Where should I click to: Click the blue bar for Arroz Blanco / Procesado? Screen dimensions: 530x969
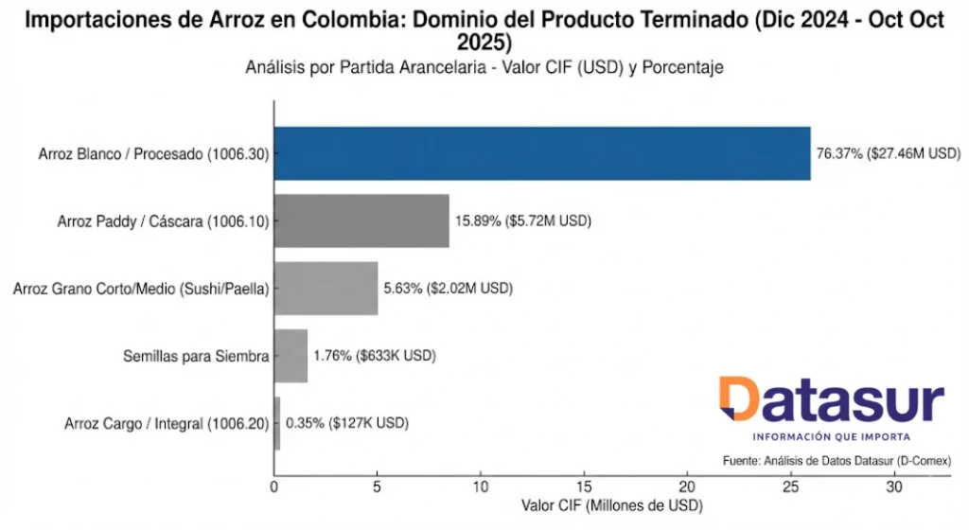pyautogui.click(x=542, y=153)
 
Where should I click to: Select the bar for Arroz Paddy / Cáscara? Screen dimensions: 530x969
pyautogui.click(x=361, y=221)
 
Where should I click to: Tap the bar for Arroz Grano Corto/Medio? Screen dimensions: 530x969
pyautogui.click(x=326, y=288)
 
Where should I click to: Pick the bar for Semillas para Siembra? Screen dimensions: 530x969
pyautogui.click(x=291, y=356)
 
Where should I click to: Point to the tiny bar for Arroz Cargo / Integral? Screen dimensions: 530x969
pyautogui.click(x=277, y=423)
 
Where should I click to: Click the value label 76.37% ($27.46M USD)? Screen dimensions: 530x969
pyautogui.click(x=888, y=153)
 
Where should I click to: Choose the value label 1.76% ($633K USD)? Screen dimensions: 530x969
pyautogui.click(x=374, y=356)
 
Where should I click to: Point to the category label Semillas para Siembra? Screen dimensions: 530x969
pyautogui.click(x=196, y=356)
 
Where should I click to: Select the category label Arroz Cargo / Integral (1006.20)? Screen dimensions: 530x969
pyautogui.click(x=167, y=423)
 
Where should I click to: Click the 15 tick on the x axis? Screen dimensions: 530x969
pyautogui.click(x=585, y=488)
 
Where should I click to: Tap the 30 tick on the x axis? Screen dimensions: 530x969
pyautogui.click(x=894, y=488)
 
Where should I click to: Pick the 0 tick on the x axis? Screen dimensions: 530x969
pyautogui.click(x=274, y=488)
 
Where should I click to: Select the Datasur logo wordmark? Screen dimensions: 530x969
pyautogui.click(x=831, y=400)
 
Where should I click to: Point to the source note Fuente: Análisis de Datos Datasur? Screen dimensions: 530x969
pyautogui.click(x=836, y=460)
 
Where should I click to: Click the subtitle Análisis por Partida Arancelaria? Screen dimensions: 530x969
pyautogui.click(x=484, y=67)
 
